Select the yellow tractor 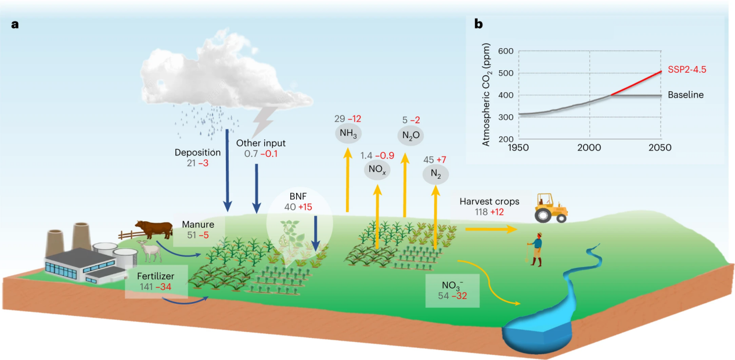(x=551, y=207)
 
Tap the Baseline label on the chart (x=685, y=95)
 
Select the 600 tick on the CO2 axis (x=506, y=51)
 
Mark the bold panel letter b (x=478, y=24)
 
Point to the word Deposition (x=198, y=153)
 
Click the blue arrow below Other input (x=256, y=185)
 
